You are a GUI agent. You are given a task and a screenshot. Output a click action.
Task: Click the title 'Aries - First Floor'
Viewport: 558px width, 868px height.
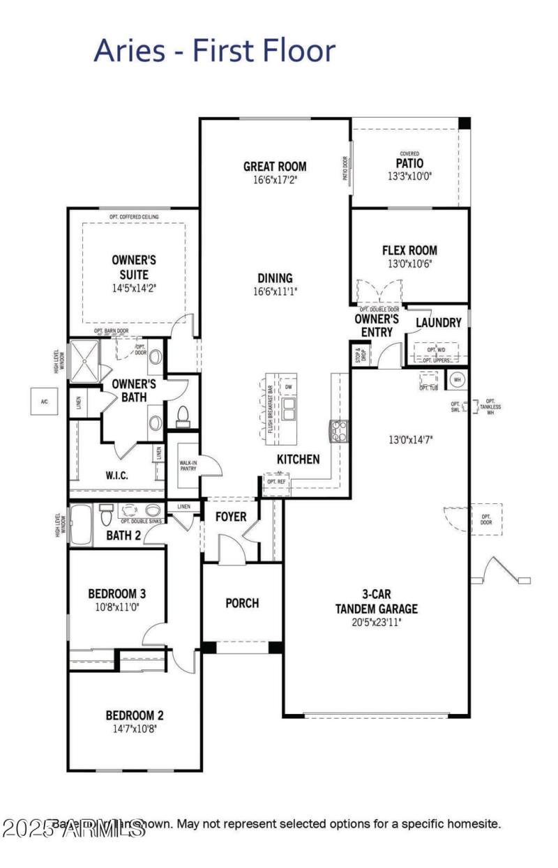click(x=214, y=51)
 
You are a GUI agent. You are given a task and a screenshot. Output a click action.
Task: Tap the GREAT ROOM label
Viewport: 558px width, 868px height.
click(x=275, y=167)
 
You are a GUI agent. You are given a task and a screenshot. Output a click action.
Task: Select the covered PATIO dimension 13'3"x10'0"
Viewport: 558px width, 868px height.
click(x=410, y=176)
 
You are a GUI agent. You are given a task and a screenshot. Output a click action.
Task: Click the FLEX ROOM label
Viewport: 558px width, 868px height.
click(x=409, y=250)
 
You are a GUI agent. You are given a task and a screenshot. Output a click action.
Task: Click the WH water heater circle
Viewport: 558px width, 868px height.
click(x=458, y=379)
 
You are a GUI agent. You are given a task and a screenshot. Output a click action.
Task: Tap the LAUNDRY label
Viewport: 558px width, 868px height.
click(x=438, y=323)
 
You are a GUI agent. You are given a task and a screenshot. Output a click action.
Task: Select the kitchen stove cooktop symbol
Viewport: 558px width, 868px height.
click(x=338, y=431)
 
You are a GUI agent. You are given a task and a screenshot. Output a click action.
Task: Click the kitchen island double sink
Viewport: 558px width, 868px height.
click(x=289, y=406)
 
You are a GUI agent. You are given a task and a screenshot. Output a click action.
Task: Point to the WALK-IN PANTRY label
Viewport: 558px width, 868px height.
click(x=188, y=465)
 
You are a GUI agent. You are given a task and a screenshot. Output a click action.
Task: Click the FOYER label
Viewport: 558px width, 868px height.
click(x=230, y=517)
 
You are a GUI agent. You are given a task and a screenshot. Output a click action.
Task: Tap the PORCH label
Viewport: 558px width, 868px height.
click(x=242, y=603)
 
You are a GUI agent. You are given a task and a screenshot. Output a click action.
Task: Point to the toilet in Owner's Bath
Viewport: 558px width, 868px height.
click(x=183, y=416)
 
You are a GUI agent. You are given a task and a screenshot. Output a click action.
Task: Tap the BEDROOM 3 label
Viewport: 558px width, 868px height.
click(x=116, y=594)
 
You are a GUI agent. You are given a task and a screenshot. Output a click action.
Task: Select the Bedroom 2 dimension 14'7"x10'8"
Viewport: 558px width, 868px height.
click(x=135, y=729)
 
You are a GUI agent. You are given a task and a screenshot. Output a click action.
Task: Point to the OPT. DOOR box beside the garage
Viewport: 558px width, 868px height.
click(x=485, y=519)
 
